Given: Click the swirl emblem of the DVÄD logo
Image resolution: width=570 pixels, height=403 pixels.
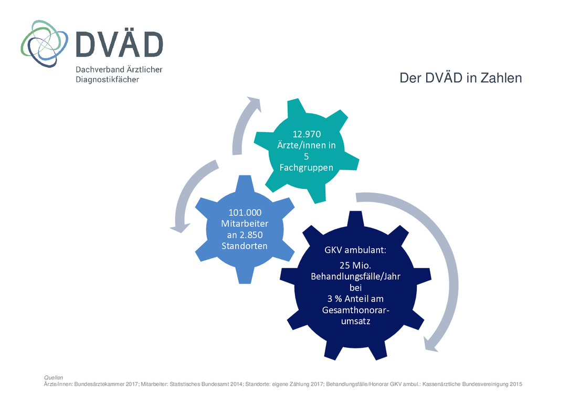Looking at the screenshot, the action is pos(44,44).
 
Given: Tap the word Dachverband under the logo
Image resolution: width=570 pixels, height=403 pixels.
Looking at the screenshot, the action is pos(96,69).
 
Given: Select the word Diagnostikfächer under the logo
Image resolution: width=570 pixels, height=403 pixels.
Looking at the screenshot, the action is pos(107,80).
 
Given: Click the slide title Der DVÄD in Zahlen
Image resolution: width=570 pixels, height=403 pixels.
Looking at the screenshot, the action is pos(461,78).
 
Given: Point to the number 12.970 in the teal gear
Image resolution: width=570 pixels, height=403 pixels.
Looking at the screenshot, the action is pos(307,134).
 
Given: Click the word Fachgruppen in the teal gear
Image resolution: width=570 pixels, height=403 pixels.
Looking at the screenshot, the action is pos(307,167).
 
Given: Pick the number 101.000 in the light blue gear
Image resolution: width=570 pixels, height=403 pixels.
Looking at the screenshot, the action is pos(245,213).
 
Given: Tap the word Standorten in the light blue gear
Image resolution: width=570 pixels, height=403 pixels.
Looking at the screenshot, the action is pos(245,246).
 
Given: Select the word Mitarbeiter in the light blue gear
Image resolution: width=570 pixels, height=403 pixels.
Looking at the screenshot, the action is pos(245,224).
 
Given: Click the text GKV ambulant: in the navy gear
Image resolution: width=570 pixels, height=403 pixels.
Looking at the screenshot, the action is pos(355,250).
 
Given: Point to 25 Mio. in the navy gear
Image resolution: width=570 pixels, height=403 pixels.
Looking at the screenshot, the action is pos(355,266).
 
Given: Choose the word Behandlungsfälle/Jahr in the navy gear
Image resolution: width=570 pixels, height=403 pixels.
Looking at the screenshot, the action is pos(355,277).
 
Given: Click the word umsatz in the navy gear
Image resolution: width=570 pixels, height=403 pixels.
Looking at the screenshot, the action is pos(355,321).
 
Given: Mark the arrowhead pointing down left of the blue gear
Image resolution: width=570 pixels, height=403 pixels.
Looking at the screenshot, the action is pos(180,228).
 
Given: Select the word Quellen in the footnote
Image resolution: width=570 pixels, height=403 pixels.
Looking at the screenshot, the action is pos(54,378).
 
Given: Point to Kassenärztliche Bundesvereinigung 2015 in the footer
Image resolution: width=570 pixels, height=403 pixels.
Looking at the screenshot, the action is pos(472,384).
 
